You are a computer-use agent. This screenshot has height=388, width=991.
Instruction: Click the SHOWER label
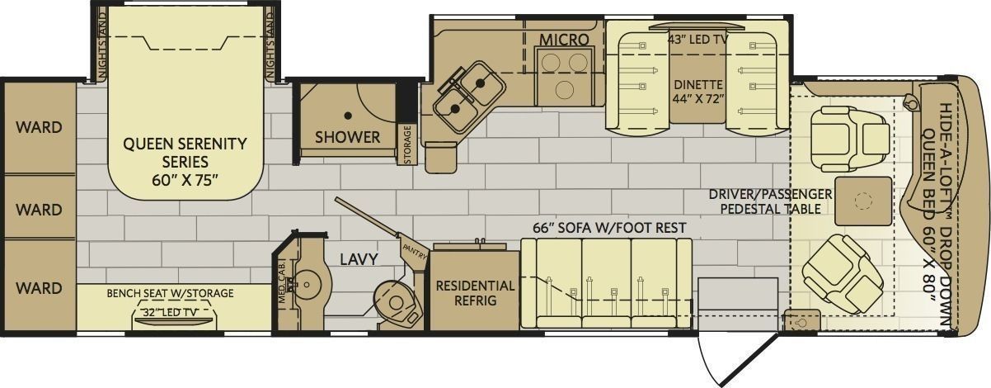click(347, 137)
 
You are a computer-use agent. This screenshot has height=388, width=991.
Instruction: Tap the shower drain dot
click(348, 116)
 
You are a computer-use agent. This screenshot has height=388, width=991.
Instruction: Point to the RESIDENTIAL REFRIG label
click(475, 293)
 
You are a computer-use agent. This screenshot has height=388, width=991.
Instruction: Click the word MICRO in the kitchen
click(564, 40)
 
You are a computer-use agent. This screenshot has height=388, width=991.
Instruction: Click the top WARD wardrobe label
click(39, 128)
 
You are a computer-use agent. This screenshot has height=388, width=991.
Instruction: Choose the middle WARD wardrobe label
click(39, 210)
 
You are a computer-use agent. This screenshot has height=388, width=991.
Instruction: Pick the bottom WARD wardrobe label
click(39, 288)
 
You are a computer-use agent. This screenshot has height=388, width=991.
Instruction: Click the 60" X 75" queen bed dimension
click(186, 181)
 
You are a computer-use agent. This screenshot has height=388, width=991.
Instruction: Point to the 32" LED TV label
click(171, 312)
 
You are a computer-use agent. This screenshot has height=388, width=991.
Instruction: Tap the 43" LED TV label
click(697, 40)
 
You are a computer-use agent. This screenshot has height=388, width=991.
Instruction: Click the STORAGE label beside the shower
click(407, 144)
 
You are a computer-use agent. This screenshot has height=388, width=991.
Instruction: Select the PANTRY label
click(415, 251)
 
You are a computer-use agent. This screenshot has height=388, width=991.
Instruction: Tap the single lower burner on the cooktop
click(564, 91)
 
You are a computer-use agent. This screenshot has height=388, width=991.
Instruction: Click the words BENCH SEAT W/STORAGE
click(171, 293)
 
